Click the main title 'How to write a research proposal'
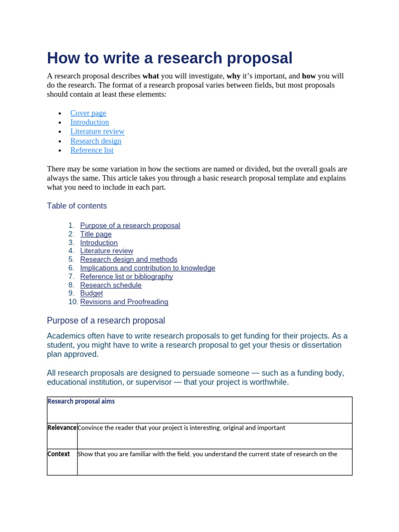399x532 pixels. (x=169, y=58)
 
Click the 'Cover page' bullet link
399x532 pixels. (x=88, y=113)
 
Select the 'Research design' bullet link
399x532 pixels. (x=96, y=141)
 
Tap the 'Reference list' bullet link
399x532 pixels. (x=91, y=150)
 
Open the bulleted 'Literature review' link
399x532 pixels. (x=97, y=131)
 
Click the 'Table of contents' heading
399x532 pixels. (x=77, y=206)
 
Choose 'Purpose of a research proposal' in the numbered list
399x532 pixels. (x=130, y=225)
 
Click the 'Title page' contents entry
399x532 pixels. (x=96, y=234)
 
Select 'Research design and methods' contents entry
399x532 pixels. (x=128, y=259)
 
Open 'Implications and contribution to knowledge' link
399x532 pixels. (x=147, y=268)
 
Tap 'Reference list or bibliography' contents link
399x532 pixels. (x=126, y=276)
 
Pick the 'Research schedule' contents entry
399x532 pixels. (x=111, y=285)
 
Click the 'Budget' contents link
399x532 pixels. (x=91, y=293)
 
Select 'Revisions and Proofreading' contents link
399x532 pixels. (x=124, y=302)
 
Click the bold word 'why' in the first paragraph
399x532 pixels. (x=233, y=76)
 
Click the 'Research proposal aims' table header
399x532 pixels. (x=81, y=402)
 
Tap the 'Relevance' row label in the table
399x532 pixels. (x=62, y=428)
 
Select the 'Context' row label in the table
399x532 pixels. (x=59, y=454)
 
